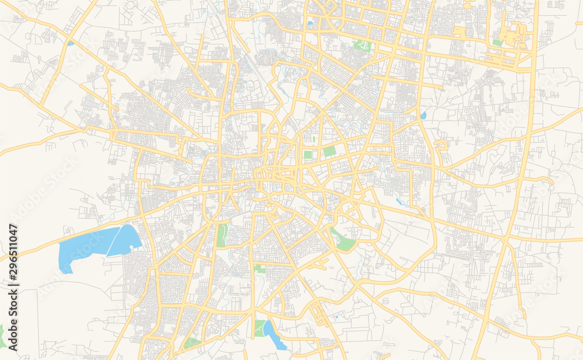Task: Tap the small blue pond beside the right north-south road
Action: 423,116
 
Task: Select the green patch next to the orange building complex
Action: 497,43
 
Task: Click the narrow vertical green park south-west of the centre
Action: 222,235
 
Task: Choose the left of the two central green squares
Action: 308,155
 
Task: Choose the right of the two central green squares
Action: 329,151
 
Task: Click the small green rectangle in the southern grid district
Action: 259,268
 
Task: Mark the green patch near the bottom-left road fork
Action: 192,342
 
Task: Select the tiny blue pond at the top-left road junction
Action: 71,43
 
